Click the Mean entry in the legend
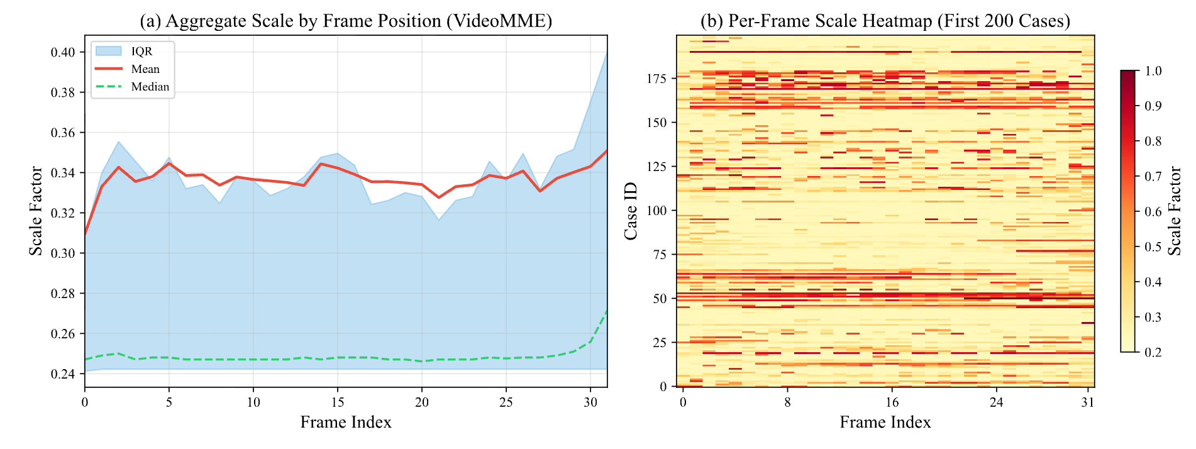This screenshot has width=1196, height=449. coord(145,69)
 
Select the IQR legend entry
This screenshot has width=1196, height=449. coord(141,52)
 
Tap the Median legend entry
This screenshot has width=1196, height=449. coord(150,87)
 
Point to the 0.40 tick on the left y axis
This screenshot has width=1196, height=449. coord(63,52)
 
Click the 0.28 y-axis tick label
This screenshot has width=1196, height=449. coord(63,294)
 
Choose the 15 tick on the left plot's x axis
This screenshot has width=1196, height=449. coord(337,402)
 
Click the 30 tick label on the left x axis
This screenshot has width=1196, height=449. coord(590,402)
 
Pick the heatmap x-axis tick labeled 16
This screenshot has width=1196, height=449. coord(892,402)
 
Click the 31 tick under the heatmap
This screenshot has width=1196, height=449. coord(1087,402)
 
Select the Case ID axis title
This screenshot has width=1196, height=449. coord(631,211)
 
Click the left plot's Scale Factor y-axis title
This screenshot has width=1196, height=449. coord(36,211)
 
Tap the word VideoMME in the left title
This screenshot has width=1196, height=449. coord(499,21)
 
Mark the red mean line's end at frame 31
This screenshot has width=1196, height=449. coord(606,151)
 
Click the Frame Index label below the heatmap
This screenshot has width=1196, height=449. coord(885,422)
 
